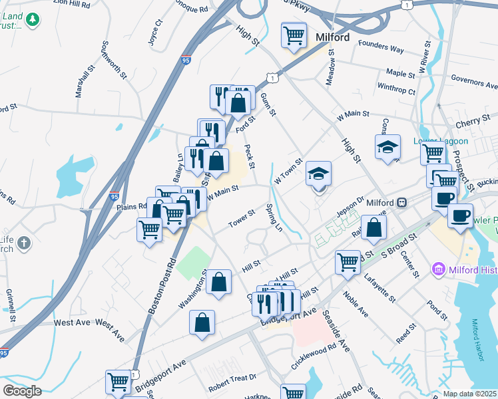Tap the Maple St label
pyautogui.click(x=400, y=72)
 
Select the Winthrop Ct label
pyautogui.click(x=396, y=88)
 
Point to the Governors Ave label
pyautogui.click(x=474, y=82)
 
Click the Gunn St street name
pyautogui.click(x=269, y=104)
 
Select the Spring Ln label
pyautogui.click(x=274, y=217)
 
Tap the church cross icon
pyautogui.click(x=24, y=243)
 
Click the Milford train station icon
pyautogui.click(x=402, y=202)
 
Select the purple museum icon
pyautogui.click(x=438, y=269)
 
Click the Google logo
pyautogui.click(x=22, y=391)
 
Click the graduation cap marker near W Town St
pyautogui.click(x=319, y=176)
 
